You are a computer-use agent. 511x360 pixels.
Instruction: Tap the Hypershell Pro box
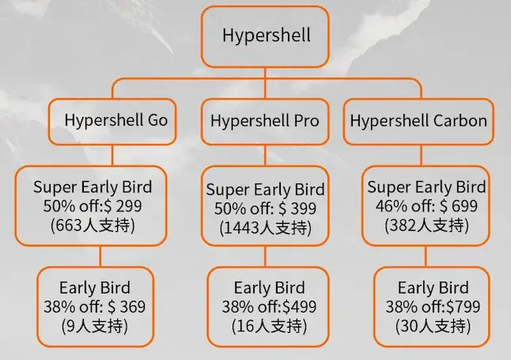pos(265,120)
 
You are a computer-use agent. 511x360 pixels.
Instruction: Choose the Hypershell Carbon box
pos(418,121)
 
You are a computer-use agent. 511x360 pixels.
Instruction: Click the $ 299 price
pos(131,207)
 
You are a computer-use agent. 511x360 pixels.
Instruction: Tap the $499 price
pos(297,307)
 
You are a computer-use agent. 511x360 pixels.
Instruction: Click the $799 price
pos(461,307)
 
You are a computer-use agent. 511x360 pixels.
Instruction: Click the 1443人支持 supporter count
pos(265,228)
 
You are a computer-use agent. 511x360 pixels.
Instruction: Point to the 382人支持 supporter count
pos(426,225)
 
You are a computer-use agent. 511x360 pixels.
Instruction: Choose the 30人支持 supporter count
pos(432,326)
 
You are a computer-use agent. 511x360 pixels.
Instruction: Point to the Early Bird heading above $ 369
pos(94,287)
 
